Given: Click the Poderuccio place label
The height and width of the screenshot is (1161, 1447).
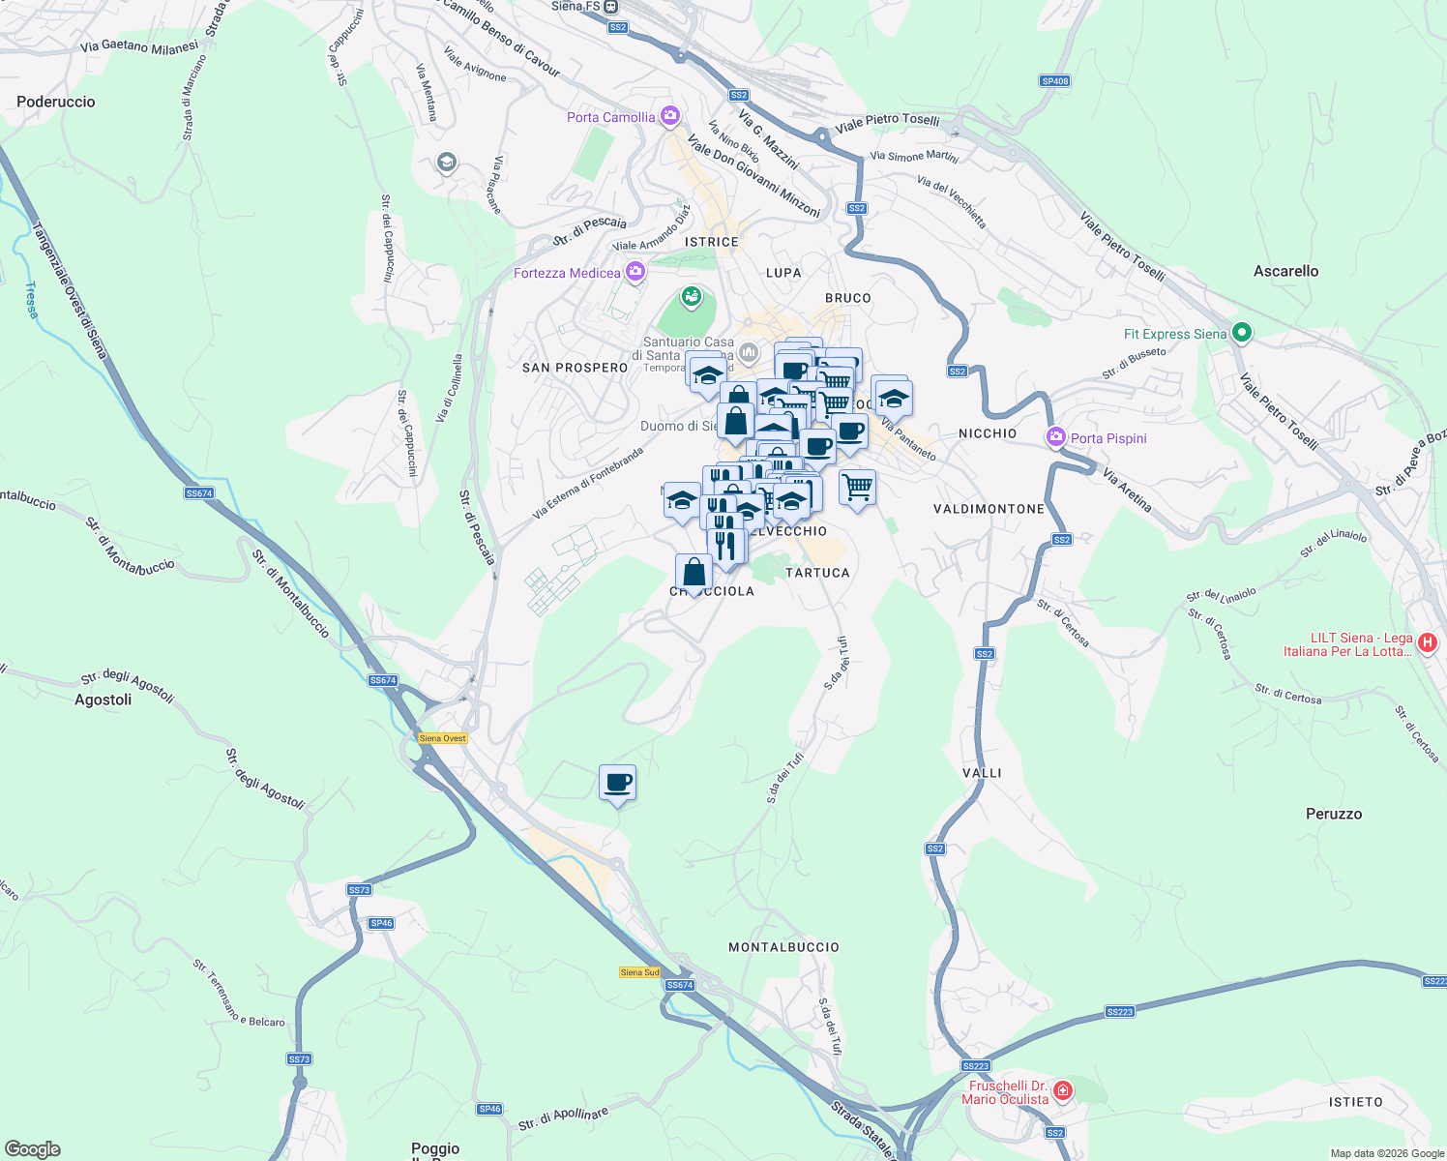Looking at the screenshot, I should pyautogui.click(x=56, y=102).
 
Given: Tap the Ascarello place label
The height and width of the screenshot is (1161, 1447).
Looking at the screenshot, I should pyautogui.click(x=1285, y=271).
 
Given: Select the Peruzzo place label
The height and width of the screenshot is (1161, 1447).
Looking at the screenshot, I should pyautogui.click(x=1333, y=814).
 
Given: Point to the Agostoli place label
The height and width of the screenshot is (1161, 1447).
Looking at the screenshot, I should pyautogui.click(x=103, y=700).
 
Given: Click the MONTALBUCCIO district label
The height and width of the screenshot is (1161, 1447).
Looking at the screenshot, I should pyautogui.click(x=783, y=947).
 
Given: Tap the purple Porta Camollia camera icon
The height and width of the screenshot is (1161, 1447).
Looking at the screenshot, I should pyautogui.click(x=670, y=117).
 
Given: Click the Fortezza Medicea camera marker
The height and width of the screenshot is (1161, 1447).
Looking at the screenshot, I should pyautogui.click(x=635, y=272).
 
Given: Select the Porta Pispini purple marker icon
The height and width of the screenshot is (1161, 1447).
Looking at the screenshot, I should pyautogui.click(x=1056, y=437).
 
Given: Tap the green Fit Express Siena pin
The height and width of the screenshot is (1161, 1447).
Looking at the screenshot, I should pyautogui.click(x=1242, y=334).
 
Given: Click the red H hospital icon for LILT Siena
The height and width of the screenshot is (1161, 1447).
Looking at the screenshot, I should pyautogui.click(x=1427, y=641).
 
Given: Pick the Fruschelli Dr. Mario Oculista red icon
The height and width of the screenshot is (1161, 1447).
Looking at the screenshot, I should pyautogui.click(x=1063, y=1091).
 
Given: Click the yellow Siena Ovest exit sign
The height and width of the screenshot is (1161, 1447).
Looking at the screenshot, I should pyautogui.click(x=443, y=738).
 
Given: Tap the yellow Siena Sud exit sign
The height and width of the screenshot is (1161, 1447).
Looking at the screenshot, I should pyautogui.click(x=639, y=972).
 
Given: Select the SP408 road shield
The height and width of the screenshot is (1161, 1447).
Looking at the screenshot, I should pyautogui.click(x=1054, y=81).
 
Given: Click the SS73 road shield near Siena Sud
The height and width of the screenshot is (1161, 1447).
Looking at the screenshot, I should pyautogui.click(x=359, y=889).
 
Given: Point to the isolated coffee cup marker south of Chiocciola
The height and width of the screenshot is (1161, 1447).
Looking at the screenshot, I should pyautogui.click(x=617, y=783).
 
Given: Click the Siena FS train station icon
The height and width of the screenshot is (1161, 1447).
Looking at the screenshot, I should pyautogui.click(x=610, y=7).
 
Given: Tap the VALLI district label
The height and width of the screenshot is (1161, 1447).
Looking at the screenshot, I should pyautogui.click(x=982, y=773).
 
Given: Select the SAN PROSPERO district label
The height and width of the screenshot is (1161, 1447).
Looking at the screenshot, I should pyautogui.click(x=575, y=368).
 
